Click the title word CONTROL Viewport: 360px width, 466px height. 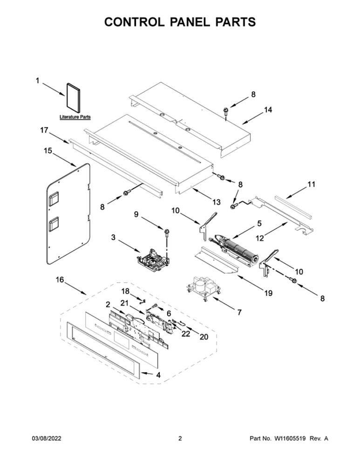134,22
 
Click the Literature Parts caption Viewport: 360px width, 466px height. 75,117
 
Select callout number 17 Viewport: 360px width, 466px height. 44,130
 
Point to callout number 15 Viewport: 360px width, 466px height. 48,151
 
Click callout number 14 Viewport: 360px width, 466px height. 268,110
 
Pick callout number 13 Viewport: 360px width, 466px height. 217,202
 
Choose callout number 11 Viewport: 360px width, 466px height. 311,184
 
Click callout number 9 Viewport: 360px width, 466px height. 136,214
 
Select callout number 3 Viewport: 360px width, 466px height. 113,237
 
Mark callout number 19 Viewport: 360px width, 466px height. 268,293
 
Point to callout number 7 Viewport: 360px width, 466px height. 239,312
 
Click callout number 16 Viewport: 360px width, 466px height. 60,280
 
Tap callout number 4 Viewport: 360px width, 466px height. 158,375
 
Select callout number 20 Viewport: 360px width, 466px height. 204,337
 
